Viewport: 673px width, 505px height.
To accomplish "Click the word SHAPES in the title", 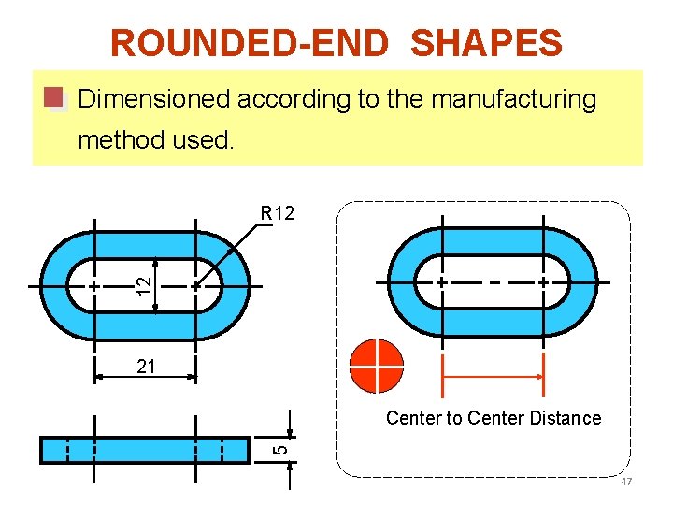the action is coord(486,43).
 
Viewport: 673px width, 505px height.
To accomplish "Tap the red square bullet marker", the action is coord(54,98).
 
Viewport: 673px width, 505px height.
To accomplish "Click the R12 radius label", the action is coord(278,213).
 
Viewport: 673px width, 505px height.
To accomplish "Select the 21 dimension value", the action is coord(146,368).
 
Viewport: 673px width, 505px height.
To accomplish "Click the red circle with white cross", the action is coord(376,366).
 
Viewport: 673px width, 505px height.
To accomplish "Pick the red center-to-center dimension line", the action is coord(492,377).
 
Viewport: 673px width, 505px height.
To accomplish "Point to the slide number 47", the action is coord(626,482).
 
